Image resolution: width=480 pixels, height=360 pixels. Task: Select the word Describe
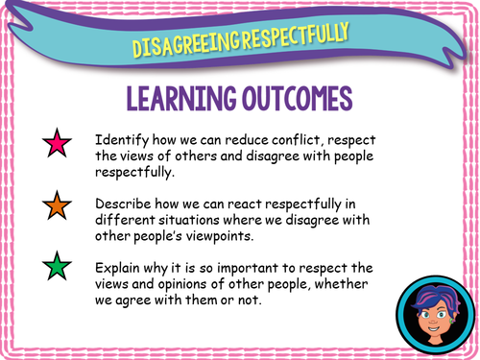pyautogui.click(x=124, y=201)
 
